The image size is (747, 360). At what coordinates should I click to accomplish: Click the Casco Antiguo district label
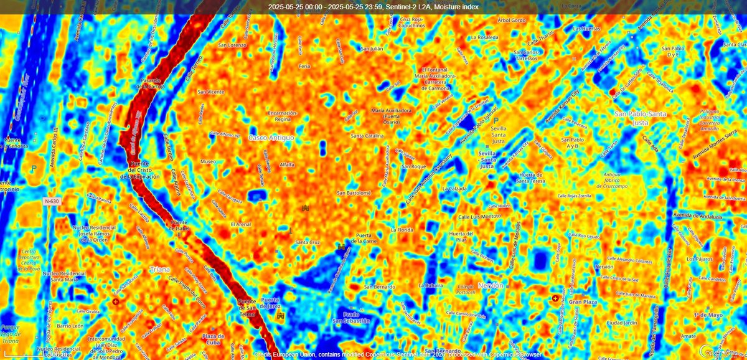point(271,136)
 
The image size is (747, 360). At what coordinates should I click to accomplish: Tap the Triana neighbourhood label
point(160,270)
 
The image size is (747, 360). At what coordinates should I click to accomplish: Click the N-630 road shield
point(53,202)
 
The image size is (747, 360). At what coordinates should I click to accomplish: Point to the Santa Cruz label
point(307,242)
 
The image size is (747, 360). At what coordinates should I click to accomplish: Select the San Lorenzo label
point(232,45)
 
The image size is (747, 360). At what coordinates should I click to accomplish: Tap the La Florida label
point(402,229)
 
